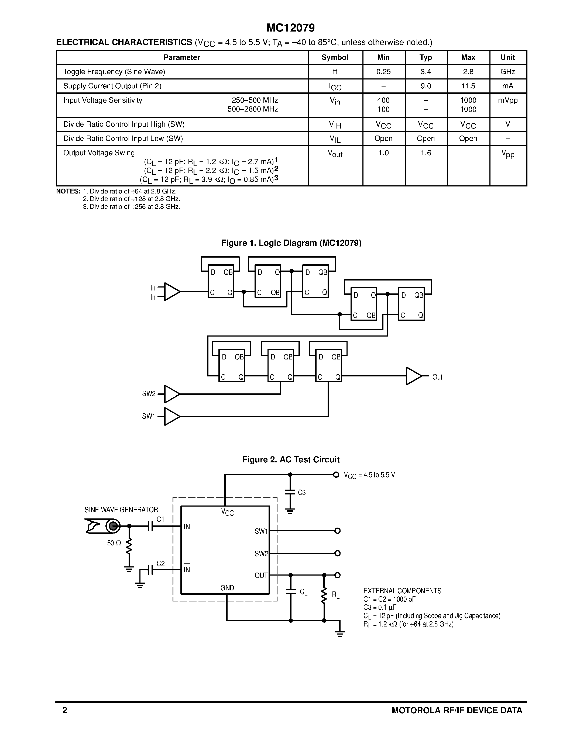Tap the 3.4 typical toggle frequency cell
(x=426, y=72)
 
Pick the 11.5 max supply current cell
(x=468, y=86)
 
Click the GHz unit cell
(x=507, y=72)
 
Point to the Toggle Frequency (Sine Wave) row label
(x=114, y=72)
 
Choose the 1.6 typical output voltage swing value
(x=426, y=153)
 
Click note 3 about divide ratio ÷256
(x=131, y=207)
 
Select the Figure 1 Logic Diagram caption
(x=291, y=243)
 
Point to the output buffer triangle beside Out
(x=413, y=376)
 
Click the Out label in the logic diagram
(x=437, y=377)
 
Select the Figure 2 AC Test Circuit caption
(x=291, y=459)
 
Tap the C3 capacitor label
(x=302, y=492)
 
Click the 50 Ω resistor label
(x=114, y=543)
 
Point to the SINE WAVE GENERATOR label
(x=121, y=510)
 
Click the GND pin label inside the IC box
(x=227, y=588)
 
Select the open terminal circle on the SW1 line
(x=337, y=531)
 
